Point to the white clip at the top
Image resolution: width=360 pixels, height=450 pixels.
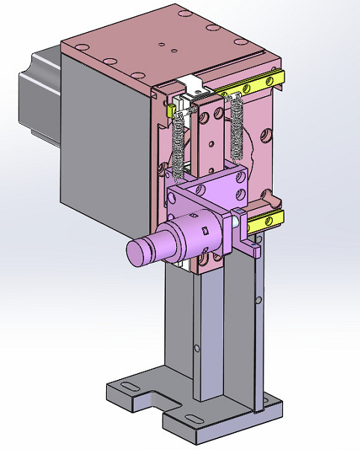[193, 84]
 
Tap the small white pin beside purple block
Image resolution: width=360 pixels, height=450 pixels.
[236, 221]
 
